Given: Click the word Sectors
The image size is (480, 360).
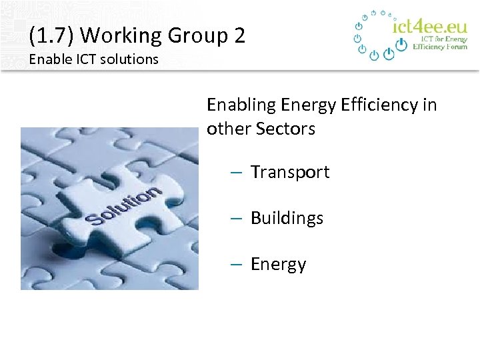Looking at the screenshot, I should pyautogui.click(x=289, y=129).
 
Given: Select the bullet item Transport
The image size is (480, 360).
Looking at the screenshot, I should pyautogui.click(x=290, y=172).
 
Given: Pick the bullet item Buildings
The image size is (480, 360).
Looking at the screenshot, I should pyautogui.click(x=287, y=218).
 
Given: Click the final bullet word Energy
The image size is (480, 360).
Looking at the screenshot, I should pyautogui.click(x=278, y=265).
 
